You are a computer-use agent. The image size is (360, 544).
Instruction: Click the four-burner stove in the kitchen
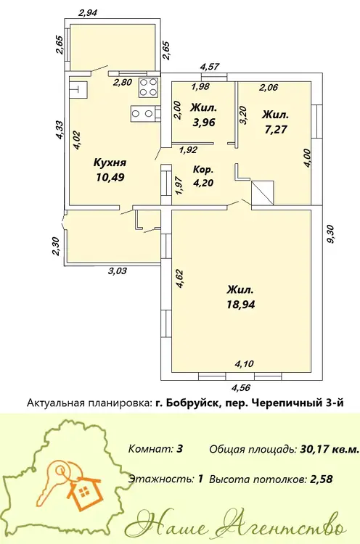(x=149, y=87)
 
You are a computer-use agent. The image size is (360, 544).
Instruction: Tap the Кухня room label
(x=110, y=162)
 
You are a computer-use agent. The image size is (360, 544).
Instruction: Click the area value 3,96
(x=203, y=122)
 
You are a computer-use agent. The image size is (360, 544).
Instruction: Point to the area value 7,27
(x=275, y=129)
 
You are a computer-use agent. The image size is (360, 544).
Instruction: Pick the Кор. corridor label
(x=203, y=170)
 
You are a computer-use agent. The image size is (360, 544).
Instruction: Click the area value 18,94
(x=241, y=305)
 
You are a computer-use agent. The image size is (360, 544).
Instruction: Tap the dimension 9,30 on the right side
(x=330, y=234)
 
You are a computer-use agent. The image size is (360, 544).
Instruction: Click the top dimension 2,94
(x=88, y=13)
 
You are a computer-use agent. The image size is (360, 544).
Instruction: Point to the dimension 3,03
(x=118, y=271)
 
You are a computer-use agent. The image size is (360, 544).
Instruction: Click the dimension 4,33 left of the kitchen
(x=60, y=130)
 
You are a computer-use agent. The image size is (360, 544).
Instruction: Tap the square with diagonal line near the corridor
(x=263, y=193)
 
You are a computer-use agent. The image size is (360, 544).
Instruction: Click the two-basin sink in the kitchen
(x=144, y=113)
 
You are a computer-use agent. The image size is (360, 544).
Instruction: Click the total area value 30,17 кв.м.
(x=329, y=450)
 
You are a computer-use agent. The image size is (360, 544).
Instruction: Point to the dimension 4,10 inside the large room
(x=245, y=364)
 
